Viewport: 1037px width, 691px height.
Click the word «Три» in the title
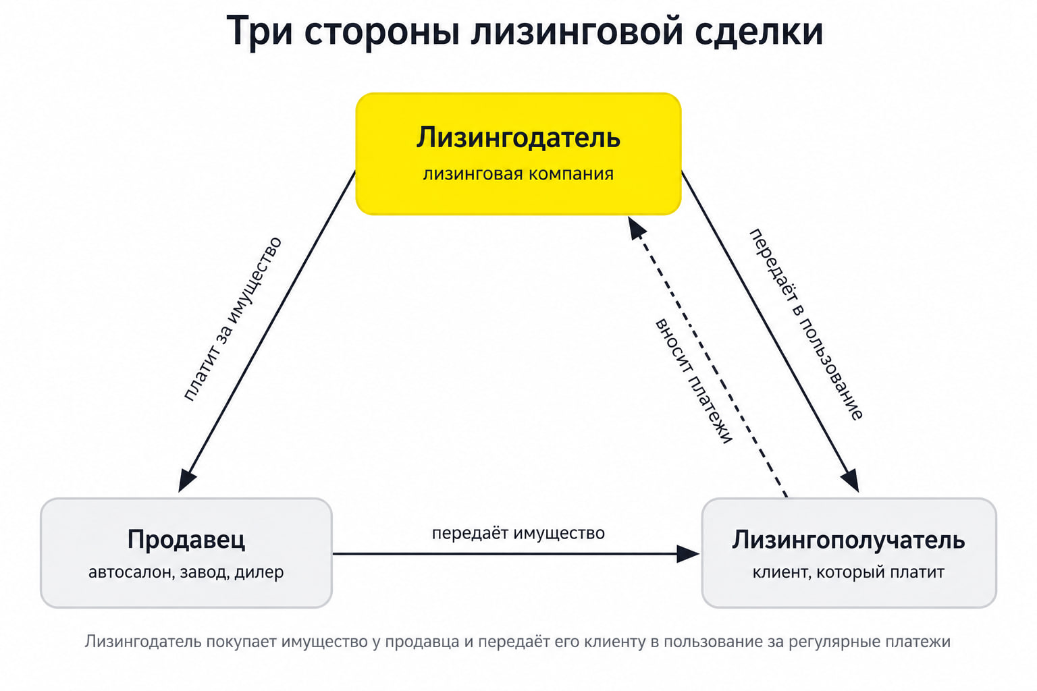point(260,31)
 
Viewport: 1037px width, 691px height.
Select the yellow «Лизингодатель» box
point(518,154)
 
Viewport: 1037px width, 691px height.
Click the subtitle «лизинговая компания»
point(518,174)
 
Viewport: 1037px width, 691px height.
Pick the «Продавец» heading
point(186,540)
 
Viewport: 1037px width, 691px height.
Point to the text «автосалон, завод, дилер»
point(186,572)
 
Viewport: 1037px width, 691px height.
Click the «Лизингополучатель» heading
point(848,541)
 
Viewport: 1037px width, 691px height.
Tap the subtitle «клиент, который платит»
point(848,572)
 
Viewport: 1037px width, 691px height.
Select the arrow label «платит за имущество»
point(233,319)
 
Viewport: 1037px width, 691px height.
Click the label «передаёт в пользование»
point(806,325)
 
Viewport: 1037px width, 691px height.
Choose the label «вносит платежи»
point(693,381)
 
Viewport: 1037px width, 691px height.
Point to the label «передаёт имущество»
point(518,533)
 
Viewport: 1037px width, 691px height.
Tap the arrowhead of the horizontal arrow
point(688,553)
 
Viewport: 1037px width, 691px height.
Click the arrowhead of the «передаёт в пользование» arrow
point(851,481)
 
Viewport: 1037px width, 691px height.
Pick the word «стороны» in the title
point(381,32)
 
